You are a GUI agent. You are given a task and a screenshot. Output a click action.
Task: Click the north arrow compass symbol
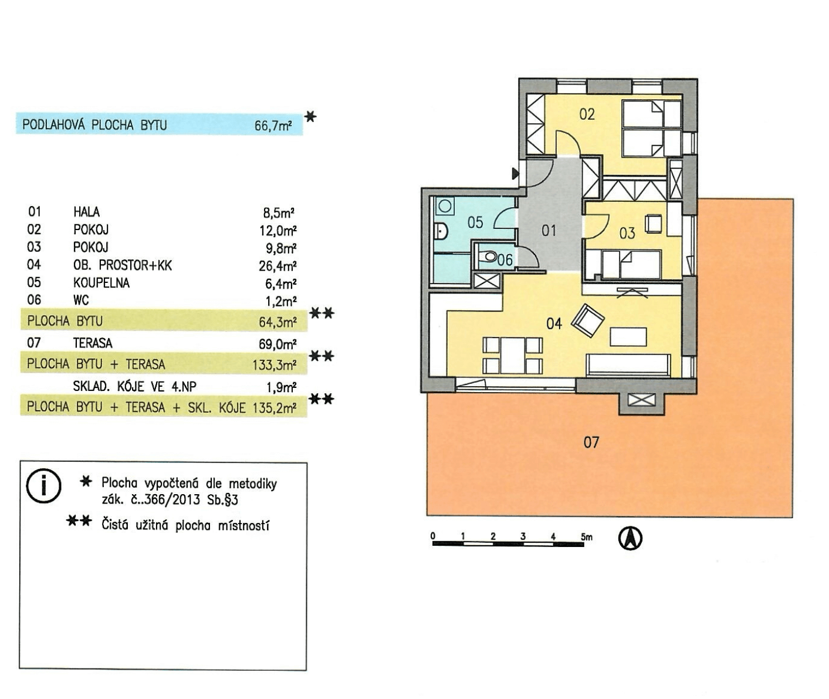(630, 539)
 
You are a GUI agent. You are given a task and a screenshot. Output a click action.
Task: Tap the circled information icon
(43, 486)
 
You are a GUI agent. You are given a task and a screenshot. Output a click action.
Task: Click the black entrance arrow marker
(515, 174)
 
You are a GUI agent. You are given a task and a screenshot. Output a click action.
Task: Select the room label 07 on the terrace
(591, 442)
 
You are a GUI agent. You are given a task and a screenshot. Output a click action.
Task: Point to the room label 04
(554, 324)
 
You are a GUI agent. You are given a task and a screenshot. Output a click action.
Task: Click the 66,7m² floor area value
(273, 126)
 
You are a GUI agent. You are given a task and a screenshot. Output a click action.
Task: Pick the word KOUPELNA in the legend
(101, 283)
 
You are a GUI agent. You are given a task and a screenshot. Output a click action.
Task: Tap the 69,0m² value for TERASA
(278, 344)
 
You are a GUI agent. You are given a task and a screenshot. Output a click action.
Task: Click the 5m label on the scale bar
(587, 537)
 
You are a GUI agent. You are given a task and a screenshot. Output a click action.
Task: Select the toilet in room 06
(488, 256)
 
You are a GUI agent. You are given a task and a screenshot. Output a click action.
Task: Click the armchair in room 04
(588, 320)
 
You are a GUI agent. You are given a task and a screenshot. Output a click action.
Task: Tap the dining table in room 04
(513, 356)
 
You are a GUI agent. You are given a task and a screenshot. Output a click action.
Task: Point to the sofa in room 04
(628, 365)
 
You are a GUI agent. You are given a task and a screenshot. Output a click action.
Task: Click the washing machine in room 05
(445, 206)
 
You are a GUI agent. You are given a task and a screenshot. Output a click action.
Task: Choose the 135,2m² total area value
(275, 408)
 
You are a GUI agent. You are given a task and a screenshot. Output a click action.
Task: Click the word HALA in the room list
(87, 212)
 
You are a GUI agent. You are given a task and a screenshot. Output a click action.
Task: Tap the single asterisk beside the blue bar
(310, 117)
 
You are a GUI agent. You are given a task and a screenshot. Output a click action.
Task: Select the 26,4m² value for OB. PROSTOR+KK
(278, 266)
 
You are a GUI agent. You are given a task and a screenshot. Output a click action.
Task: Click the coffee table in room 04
(628, 336)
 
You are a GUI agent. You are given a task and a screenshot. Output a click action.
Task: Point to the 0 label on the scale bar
(433, 536)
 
